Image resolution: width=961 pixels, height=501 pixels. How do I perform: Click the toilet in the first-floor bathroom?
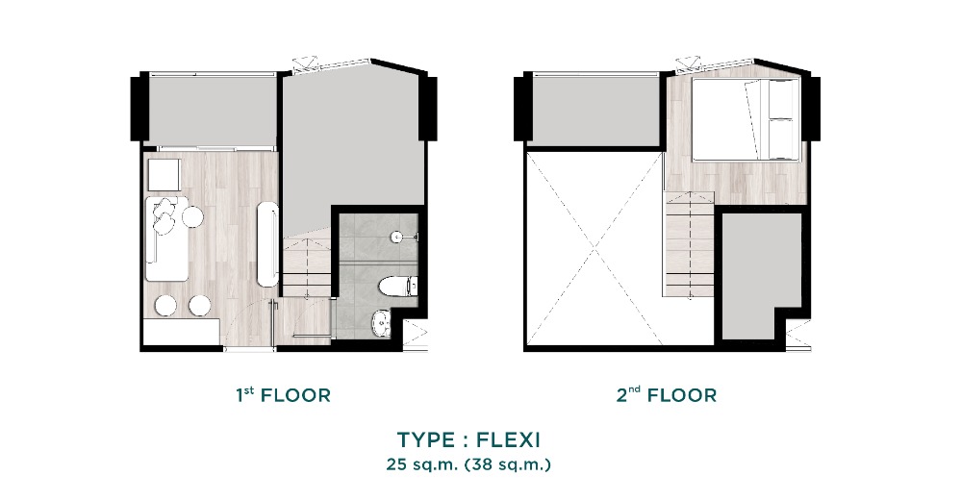(397, 286)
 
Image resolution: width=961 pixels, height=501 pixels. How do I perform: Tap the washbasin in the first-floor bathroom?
(382, 322)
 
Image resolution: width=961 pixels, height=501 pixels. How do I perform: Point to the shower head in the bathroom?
(397, 236)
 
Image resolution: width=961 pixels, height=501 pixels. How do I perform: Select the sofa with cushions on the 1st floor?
(166, 238)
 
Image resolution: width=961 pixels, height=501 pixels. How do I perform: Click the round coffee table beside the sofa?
(192, 216)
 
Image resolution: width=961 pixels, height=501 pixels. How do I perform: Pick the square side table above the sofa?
(164, 175)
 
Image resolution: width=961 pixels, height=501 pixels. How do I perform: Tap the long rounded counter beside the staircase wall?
(267, 243)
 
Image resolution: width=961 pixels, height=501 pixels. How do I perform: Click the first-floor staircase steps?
(307, 269)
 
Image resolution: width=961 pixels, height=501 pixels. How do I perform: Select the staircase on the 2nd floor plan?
(690, 245)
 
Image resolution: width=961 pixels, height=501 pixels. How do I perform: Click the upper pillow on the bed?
(780, 99)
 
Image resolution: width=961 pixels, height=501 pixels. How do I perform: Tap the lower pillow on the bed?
(780, 138)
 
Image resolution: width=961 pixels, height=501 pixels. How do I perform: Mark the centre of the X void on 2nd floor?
(594, 249)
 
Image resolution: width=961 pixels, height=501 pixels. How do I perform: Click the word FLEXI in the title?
(508, 439)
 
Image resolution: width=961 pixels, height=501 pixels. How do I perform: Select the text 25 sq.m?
(421, 464)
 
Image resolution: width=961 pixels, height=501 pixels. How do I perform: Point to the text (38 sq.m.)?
(508, 464)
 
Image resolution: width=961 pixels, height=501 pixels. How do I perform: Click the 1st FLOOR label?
(283, 395)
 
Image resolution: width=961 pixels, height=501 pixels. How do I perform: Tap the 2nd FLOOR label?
(667, 395)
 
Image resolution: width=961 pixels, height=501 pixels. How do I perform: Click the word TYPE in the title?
(425, 439)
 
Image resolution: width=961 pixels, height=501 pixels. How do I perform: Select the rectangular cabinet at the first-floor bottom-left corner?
(182, 333)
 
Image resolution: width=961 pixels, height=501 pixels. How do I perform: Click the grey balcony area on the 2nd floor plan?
(594, 111)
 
